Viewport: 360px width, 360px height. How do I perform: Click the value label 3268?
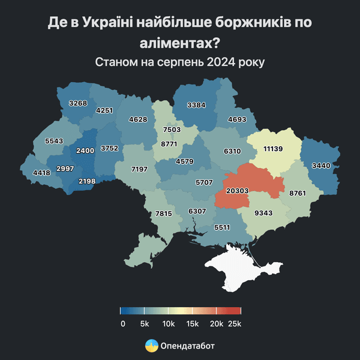pyautogui.click(x=78, y=103)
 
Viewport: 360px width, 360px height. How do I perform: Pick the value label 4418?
pyautogui.click(x=41, y=173)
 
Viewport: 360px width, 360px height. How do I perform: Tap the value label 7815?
pyautogui.click(x=164, y=213)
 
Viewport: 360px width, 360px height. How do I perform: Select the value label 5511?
pyautogui.click(x=222, y=227)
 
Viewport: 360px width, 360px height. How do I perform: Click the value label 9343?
pyautogui.click(x=263, y=213)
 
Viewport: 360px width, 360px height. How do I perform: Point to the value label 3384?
pyautogui.click(x=196, y=105)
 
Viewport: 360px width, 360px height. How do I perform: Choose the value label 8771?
pyautogui.click(x=170, y=144)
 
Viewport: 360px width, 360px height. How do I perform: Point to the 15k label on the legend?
pyautogui.click(x=192, y=323)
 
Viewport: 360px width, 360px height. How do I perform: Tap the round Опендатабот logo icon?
pyautogui.click(x=152, y=346)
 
